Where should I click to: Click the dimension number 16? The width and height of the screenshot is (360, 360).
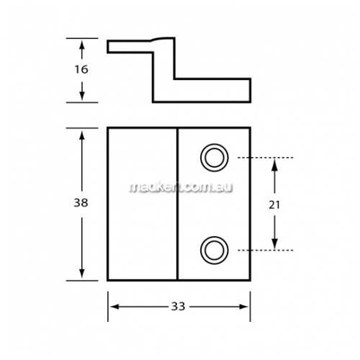[x=81, y=69]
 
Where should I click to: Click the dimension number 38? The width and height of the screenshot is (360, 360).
[x=81, y=203]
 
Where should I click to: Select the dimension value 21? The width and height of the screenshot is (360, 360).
[x=274, y=204]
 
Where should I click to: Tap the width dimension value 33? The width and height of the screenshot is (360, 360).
[x=179, y=307]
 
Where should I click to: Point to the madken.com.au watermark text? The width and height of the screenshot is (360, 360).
[x=181, y=187]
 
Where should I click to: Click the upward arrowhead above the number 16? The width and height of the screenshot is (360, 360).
[x=82, y=45]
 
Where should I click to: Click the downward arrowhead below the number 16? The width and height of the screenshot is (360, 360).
[x=82, y=95]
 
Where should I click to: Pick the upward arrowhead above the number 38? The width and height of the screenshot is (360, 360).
[x=82, y=135]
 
